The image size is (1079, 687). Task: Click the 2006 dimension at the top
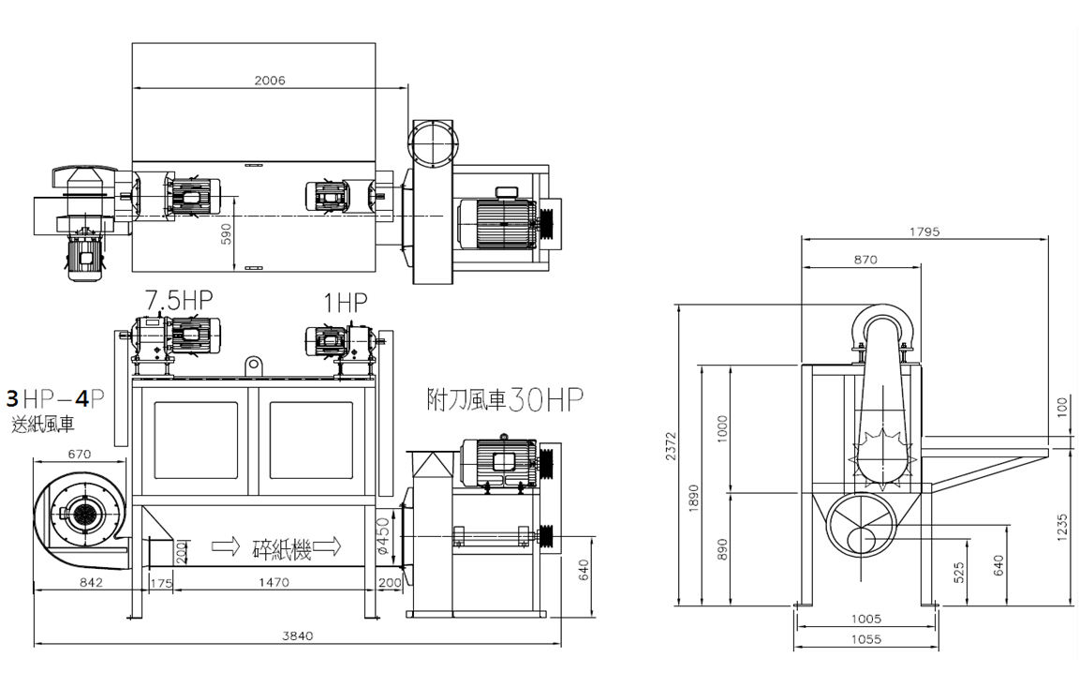(x=270, y=81)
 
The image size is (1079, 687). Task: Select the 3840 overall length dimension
(x=297, y=635)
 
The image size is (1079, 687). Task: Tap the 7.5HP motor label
(x=179, y=300)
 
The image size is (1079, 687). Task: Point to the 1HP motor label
(x=346, y=302)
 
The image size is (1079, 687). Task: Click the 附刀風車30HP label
(x=505, y=399)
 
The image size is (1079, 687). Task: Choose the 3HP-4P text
(x=55, y=398)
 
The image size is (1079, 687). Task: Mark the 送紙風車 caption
(x=43, y=425)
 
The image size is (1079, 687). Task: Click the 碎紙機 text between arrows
(x=282, y=548)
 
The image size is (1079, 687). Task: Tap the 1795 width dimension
(x=924, y=232)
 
